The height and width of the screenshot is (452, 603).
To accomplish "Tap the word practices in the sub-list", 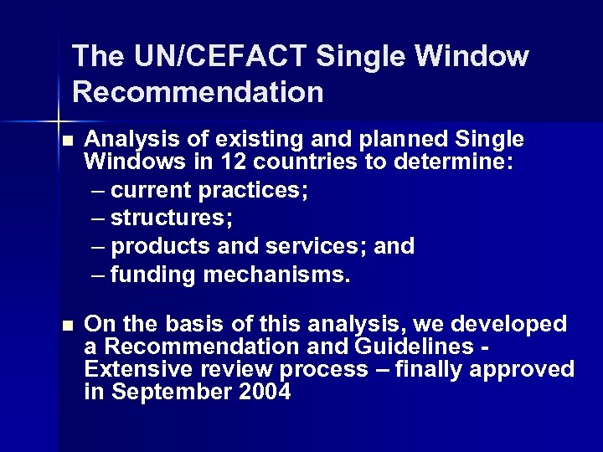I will [250, 191].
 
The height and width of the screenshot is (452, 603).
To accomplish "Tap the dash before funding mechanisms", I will [98, 275].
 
